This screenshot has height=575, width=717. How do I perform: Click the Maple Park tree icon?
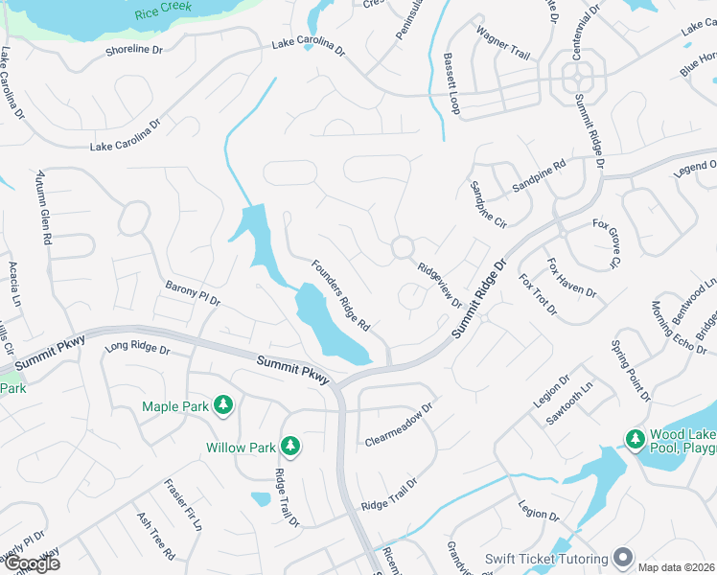[223, 406]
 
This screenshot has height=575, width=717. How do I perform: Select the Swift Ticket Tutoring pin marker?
[624, 558]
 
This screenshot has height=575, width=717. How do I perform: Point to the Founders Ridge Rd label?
[340, 296]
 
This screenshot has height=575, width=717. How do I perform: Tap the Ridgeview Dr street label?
[439, 285]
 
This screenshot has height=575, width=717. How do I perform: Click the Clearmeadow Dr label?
[400, 425]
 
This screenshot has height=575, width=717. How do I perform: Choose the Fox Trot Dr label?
[538, 296]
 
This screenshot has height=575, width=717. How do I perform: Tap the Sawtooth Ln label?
[569, 414]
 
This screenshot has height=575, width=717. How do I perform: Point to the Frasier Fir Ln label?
[183, 505]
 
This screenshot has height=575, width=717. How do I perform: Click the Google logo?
[31, 563]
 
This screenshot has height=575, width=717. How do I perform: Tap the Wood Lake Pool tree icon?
[635, 439]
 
